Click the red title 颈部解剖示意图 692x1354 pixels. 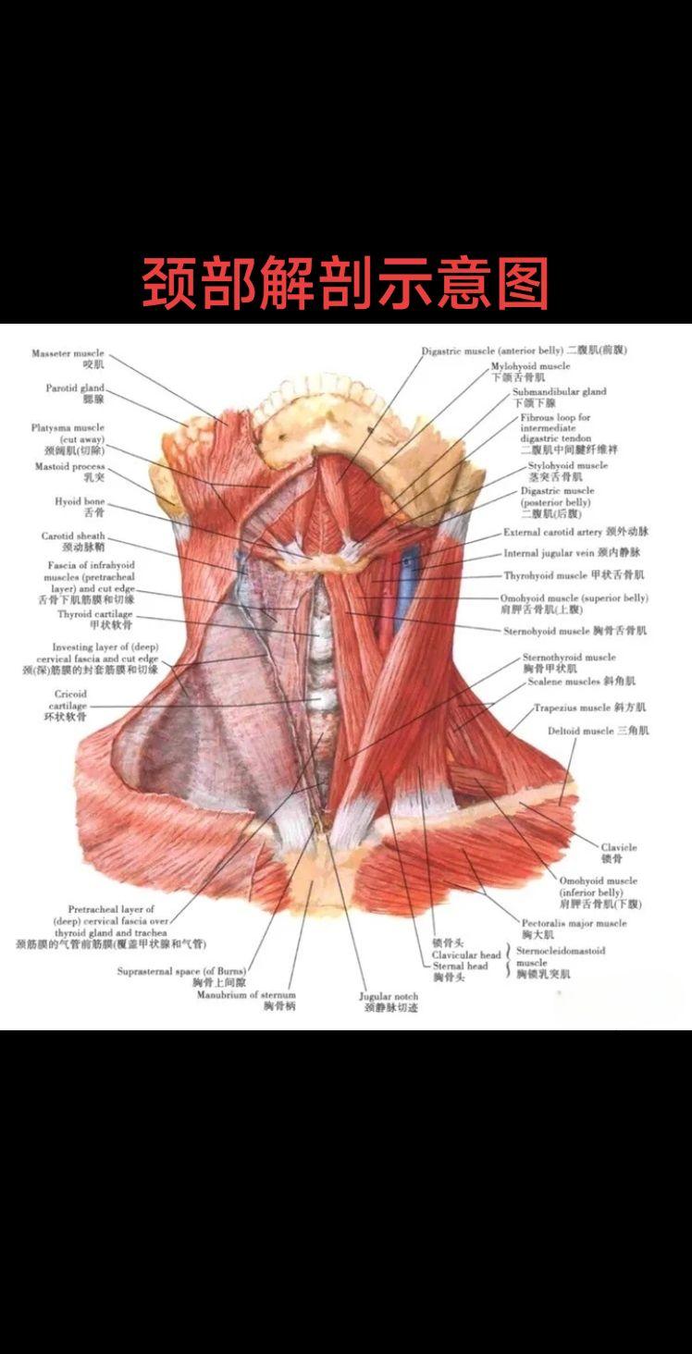click(346, 282)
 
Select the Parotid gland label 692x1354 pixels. click(75, 393)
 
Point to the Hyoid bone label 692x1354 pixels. click(80, 506)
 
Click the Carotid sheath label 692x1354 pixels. click(73, 541)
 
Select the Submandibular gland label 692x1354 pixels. click(559, 397)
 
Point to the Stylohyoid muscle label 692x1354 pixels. click(567, 471)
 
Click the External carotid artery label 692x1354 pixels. click(575, 533)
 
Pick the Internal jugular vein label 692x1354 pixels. click(572, 553)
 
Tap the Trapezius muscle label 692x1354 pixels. click(589, 708)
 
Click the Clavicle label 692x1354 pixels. click(619, 852)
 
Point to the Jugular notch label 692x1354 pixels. click(389, 1002)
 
